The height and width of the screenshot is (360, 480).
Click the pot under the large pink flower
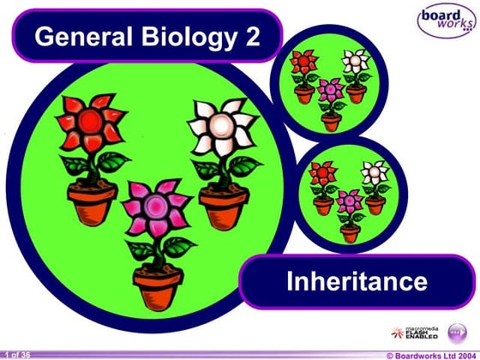coord(157,288)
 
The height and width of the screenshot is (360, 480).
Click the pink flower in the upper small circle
coord(330,89)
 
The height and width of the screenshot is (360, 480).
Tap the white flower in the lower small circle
coord(375,172)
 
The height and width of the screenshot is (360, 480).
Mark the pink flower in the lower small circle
coord(349,201)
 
